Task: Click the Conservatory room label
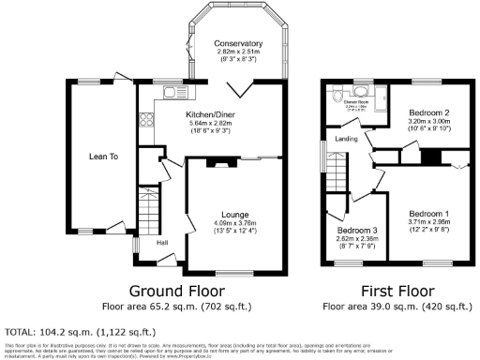237,44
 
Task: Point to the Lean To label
103,157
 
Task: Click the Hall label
161,244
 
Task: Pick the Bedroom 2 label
429,112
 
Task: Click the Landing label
346,140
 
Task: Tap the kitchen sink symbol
174,91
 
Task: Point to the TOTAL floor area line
81,332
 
